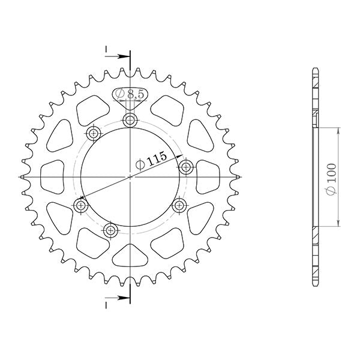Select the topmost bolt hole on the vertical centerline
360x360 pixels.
point(130,121)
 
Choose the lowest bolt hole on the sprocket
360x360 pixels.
point(110,229)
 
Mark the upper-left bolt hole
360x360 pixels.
point(93,133)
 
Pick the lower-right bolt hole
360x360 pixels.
point(178,206)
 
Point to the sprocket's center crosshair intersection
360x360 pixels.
point(130,177)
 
